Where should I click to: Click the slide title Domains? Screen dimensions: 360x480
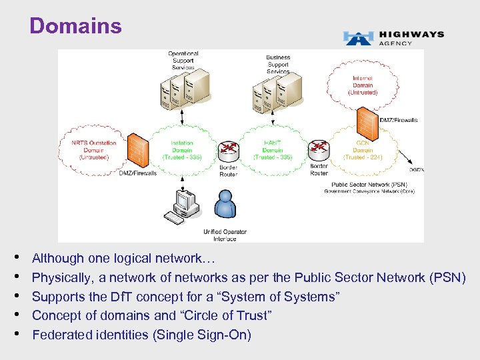point(75,26)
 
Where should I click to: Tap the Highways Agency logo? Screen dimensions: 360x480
point(393,38)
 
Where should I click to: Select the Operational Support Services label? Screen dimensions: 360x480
point(183,61)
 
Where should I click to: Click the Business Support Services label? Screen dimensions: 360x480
point(278,64)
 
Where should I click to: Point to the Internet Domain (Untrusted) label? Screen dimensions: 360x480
point(363,85)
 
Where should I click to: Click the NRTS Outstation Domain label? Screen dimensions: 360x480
point(93,149)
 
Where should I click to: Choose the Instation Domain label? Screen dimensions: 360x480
point(181,150)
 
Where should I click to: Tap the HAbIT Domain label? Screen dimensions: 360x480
point(273,150)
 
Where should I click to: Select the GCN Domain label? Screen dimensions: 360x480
point(363,150)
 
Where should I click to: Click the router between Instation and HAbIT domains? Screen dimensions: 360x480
point(229,149)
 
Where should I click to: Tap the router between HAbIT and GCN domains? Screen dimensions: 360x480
point(319,147)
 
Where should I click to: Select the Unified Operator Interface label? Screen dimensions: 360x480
point(225,235)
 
